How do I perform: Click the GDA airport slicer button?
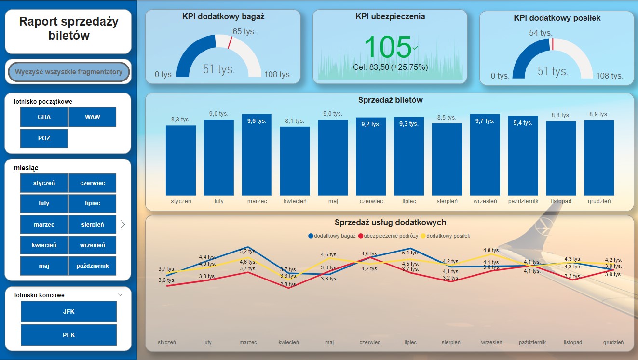(x=44, y=117)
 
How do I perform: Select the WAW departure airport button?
(x=93, y=117)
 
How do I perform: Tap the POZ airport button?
(x=44, y=138)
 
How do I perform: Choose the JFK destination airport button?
(x=68, y=312)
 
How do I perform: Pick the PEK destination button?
(x=68, y=335)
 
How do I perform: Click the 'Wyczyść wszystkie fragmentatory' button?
(x=68, y=72)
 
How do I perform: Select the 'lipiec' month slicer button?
(x=93, y=203)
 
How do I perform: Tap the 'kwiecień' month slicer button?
(x=44, y=245)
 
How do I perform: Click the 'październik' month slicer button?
(x=93, y=266)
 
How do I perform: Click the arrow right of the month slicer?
(x=123, y=224)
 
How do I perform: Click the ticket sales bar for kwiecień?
(x=295, y=160)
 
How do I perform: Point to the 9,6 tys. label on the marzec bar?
(x=257, y=121)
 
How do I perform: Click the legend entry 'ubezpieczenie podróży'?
(x=391, y=236)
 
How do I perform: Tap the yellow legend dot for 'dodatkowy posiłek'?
(x=424, y=236)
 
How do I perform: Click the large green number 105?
(x=388, y=47)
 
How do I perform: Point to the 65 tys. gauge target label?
(x=244, y=32)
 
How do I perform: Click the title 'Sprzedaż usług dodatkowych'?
(x=390, y=223)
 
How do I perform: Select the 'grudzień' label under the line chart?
(x=613, y=342)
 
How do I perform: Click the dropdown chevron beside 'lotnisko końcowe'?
(x=120, y=295)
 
